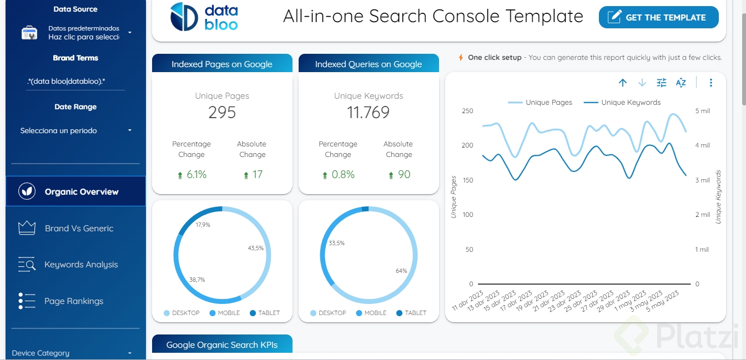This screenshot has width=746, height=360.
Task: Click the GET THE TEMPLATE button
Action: click(x=658, y=18)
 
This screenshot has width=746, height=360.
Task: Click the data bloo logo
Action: click(x=204, y=17)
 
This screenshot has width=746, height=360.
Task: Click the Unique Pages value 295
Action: click(x=222, y=113)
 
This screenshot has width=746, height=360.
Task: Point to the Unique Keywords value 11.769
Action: click(x=369, y=113)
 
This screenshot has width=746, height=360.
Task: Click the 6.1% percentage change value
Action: click(x=196, y=175)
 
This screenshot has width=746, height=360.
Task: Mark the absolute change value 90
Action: click(x=404, y=175)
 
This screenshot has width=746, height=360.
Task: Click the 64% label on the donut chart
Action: click(x=401, y=271)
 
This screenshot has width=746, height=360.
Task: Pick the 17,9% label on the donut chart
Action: click(x=203, y=225)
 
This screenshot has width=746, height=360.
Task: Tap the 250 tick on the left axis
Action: click(x=467, y=111)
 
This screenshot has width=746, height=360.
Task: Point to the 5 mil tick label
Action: click(x=702, y=111)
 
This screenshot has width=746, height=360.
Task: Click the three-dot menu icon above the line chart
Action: click(x=710, y=83)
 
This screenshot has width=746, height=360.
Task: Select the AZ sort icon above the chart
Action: click(x=681, y=83)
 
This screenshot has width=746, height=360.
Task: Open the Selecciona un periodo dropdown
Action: click(x=75, y=131)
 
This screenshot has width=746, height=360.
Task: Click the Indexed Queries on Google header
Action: click(x=369, y=64)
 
